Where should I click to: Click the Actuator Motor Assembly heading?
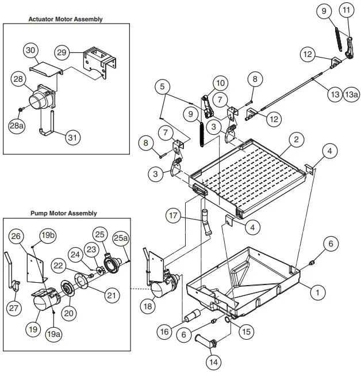[74, 19]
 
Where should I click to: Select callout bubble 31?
[72, 138]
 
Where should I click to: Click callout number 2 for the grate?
[295, 139]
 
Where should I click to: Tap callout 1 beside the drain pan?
[315, 292]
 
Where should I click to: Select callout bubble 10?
[221, 83]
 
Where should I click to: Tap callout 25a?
[120, 237]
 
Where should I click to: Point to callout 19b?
[48, 236]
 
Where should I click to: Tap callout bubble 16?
[164, 331]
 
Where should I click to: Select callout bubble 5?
[163, 88]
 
